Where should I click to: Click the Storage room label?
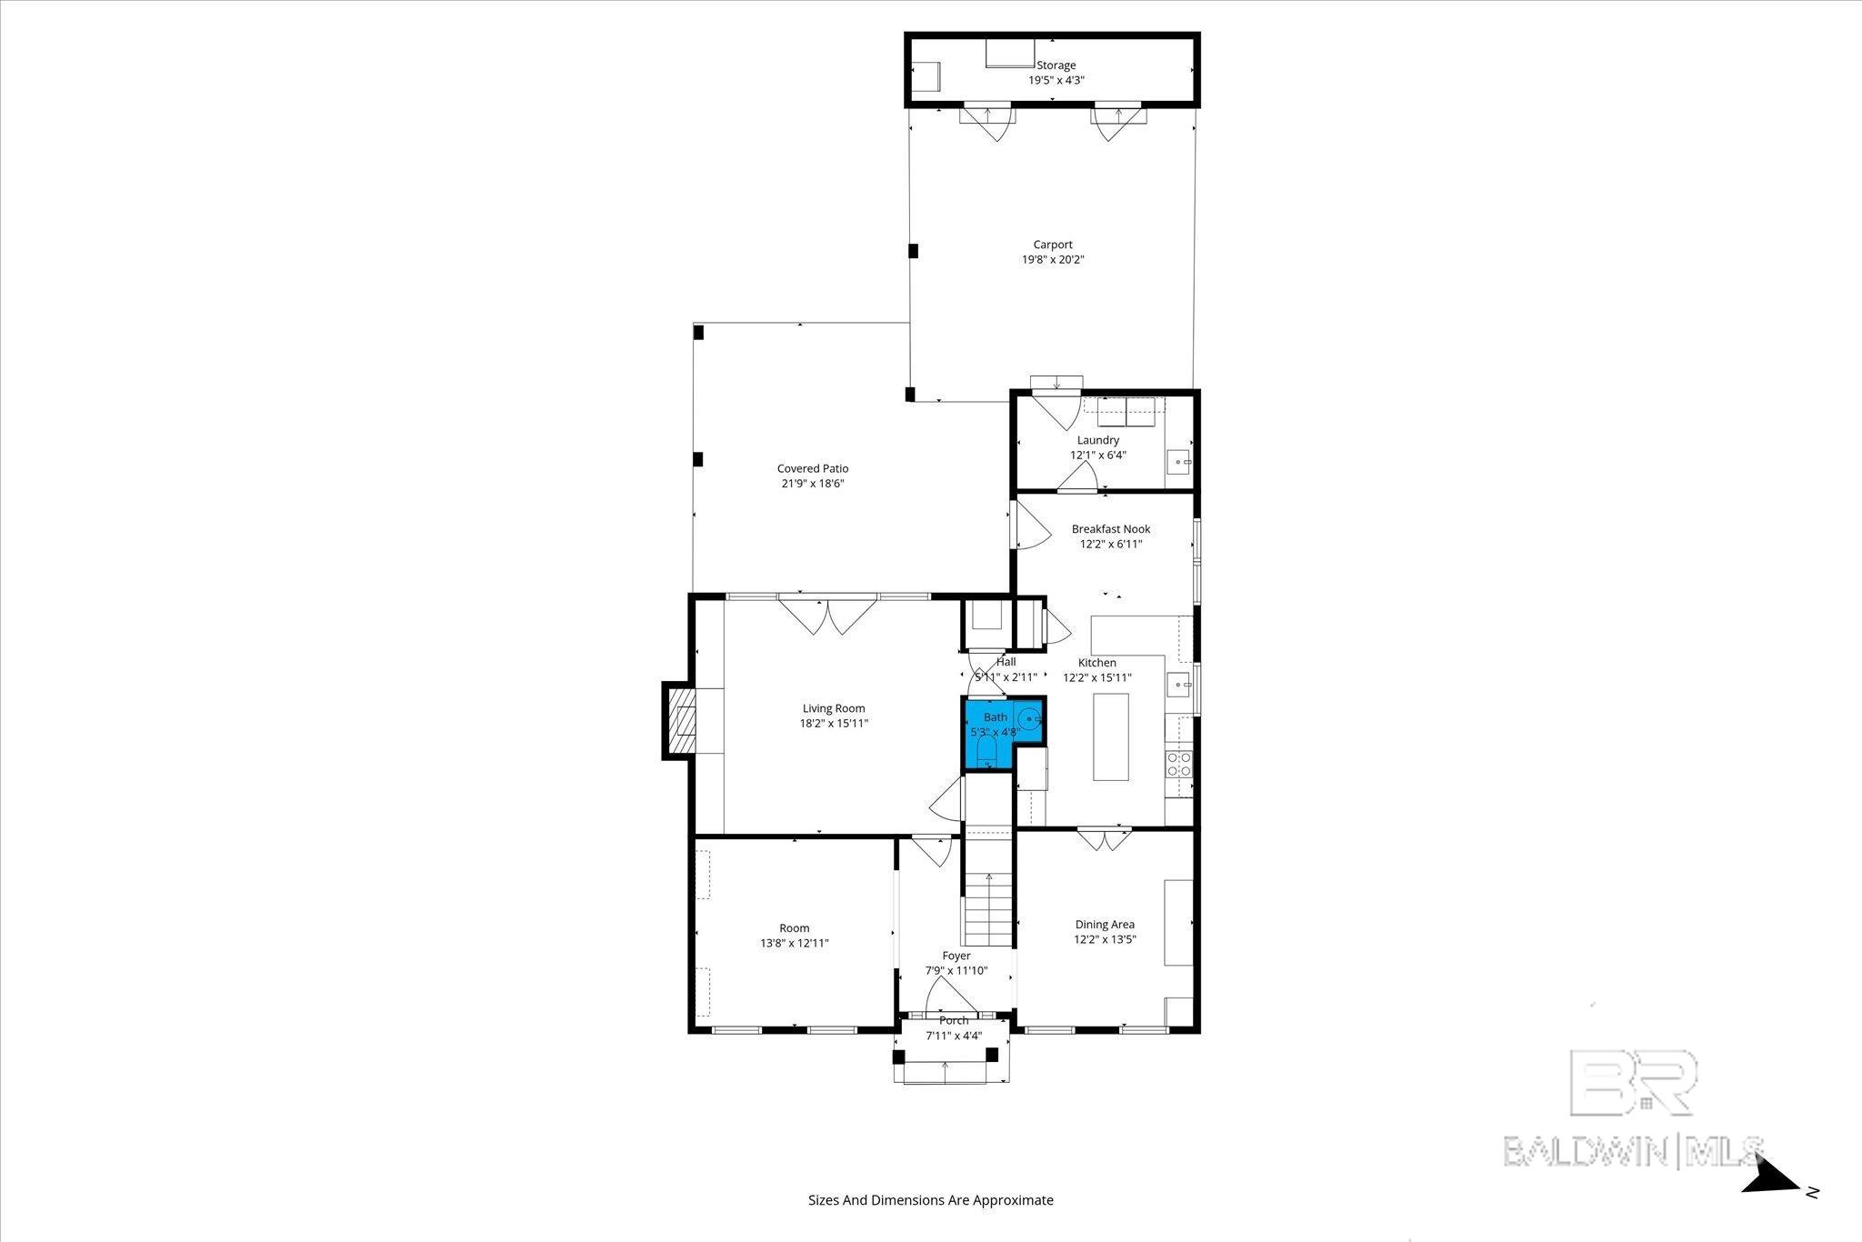click(x=1056, y=65)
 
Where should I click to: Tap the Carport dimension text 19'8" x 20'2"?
click(x=1053, y=260)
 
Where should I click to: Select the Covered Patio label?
click(x=812, y=469)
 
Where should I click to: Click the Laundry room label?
click(x=1097, y=441)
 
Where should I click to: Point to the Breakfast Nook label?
click(x=1110, y=529)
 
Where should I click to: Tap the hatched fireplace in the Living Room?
click(x=681, y=721)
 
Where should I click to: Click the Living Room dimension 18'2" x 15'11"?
click(x=833, y=724)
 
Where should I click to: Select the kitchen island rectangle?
click(x=1111, y=736)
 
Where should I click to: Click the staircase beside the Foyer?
click(x=988, y=908)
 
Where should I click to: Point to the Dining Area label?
click(x=1105, y=925)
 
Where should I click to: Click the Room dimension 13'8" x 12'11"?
click(x=794, y=944)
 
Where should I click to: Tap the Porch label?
click(x=954, y=1021)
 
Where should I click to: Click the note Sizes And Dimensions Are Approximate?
click(x=931, y=1200)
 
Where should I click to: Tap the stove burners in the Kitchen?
click(x=1178, y=764)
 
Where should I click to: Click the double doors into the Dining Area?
click(x=1105, y=838)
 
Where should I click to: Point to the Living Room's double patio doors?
click(x=827, y=616)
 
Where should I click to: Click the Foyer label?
click(x=956, y=956)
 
